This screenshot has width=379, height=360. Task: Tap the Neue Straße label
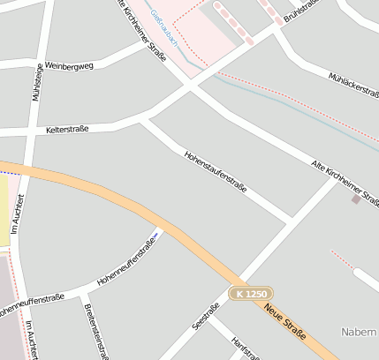[x=285, y=322]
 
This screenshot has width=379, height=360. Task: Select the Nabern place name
[x=360, y=332]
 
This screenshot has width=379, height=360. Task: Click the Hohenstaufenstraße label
[x=215, y=171]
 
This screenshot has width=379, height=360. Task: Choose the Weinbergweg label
[x=68, y=66]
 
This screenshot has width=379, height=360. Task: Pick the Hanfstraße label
[x=246, y=348]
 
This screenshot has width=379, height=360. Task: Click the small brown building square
[x=356, y=199]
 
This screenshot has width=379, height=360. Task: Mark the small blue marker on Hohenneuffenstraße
[x=159, y=233]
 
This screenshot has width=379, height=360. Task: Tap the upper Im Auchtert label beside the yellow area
[x=15, y=214]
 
